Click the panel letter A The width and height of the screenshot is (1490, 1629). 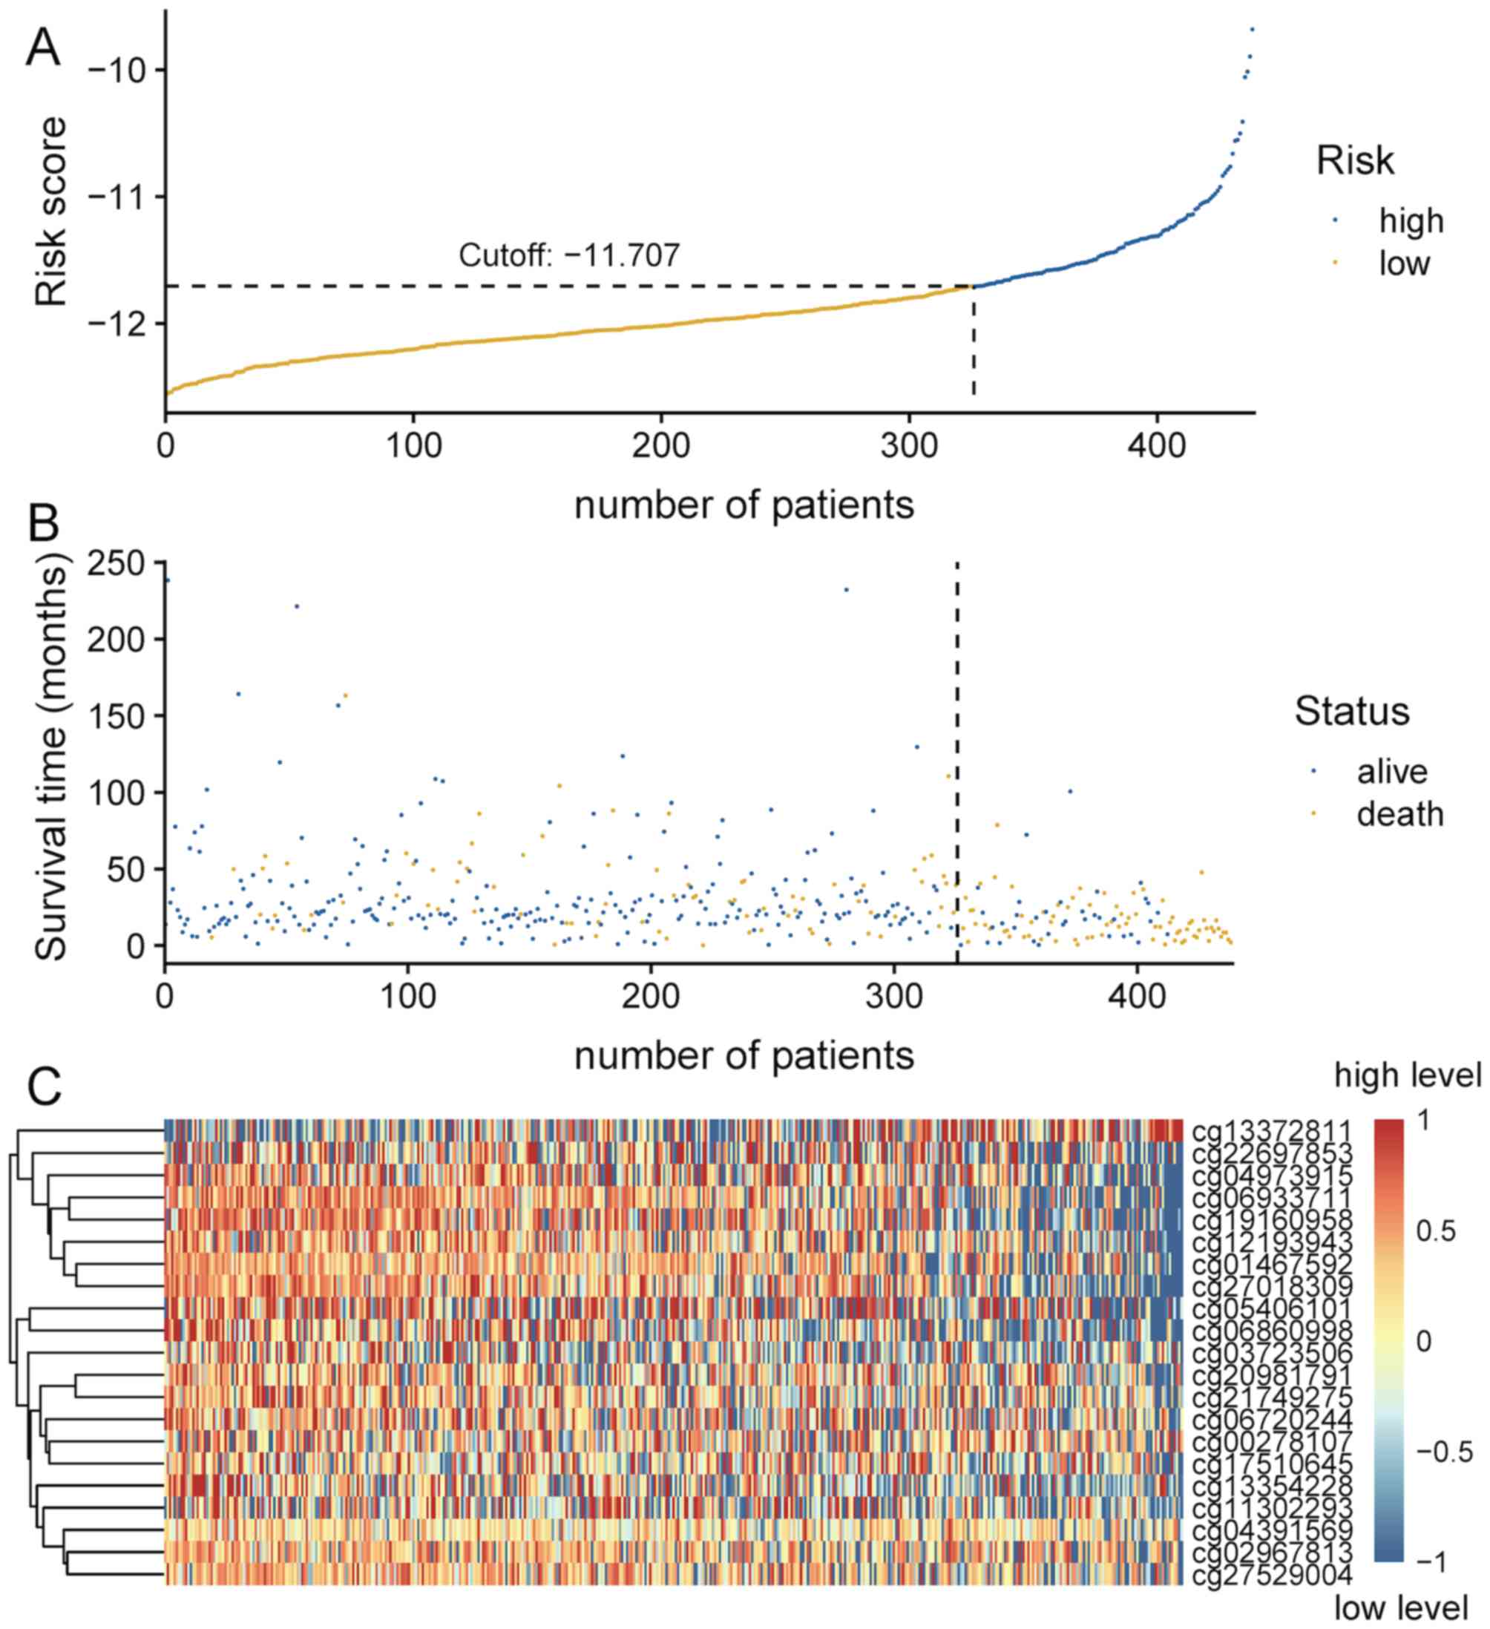(44, 50)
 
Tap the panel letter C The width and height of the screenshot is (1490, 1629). (45, 1088)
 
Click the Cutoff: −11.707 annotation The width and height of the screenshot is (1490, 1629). (569, 256)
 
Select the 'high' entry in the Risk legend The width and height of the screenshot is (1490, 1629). (1410, 221)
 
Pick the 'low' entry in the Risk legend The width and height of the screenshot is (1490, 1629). (1405, 264)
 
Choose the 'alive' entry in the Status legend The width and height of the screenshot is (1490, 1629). (1391, 772)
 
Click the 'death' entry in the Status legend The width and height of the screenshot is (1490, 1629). (1399, 815)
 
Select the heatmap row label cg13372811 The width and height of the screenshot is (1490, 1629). (1272, 1130)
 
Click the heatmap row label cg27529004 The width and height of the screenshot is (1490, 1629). (1272, 1575)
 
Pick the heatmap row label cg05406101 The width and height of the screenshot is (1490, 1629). (1272, 1308)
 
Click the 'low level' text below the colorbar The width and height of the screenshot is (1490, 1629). (1400, 1608)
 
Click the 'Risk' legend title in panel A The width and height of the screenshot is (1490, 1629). (1355, 161)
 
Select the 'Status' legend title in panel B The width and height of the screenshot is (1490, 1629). (1351, 712)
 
